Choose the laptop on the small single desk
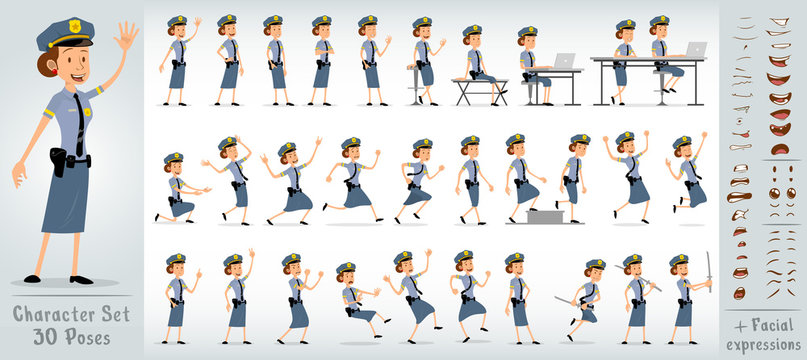coord(564,62)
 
